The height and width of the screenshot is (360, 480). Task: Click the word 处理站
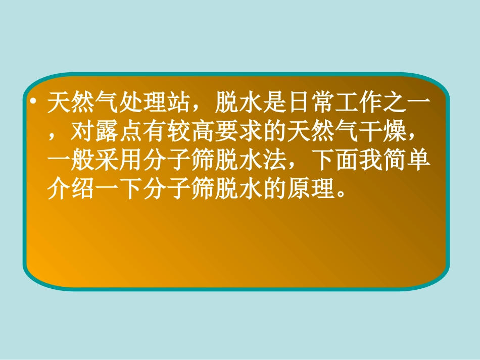[155, 104]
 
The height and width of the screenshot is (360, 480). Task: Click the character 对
[83, 133]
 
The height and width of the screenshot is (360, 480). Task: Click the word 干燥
[380, 133]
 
